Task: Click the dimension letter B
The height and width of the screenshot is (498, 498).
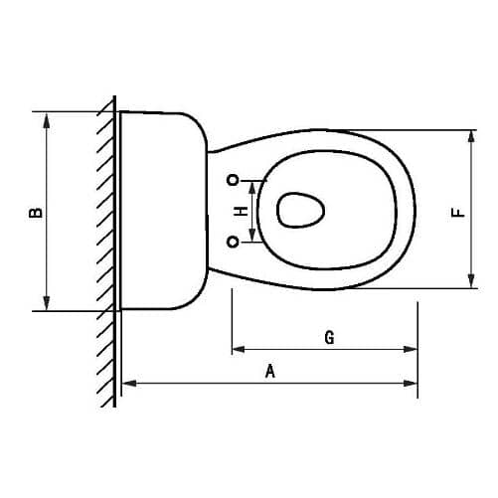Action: [34, 211]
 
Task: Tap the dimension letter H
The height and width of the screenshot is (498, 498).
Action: [239, 211]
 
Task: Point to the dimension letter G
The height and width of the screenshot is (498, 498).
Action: [329, 338]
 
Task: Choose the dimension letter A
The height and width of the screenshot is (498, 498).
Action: [269, 372]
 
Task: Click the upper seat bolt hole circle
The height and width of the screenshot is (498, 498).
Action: [234, 180]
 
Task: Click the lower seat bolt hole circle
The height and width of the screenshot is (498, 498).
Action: [234, 241]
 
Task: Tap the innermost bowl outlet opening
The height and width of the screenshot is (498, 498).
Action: [299, 210]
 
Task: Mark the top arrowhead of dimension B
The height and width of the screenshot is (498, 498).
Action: [46, 117]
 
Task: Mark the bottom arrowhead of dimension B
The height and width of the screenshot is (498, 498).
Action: [46, 304]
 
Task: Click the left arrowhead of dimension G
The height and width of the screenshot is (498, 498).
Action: [238, 349]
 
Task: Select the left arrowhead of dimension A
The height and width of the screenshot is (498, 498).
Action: [126, 383]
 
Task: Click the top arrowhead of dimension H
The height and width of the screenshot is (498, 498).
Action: [253, 184]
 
